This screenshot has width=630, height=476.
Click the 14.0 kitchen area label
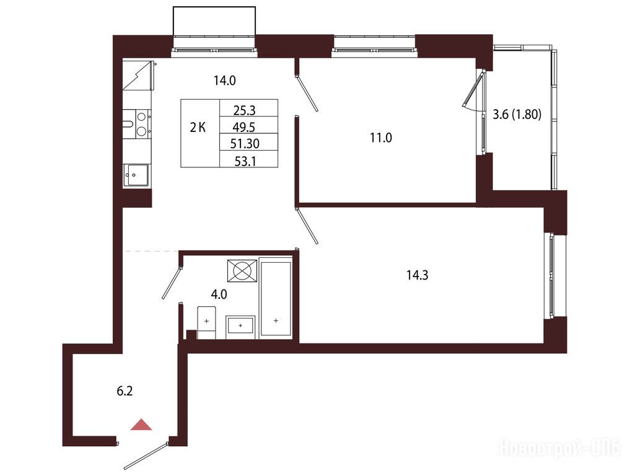point(225,81)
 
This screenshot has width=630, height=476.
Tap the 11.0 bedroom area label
point(381,138)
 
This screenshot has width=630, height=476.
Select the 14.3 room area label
point(418,275)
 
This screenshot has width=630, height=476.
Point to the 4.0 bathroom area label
point(219,294)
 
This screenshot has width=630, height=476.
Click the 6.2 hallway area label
point(125,390)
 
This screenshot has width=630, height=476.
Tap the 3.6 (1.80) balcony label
point(517,115)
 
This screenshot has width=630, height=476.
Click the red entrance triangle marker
point(141,425)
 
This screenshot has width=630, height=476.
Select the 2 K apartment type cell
point(198,128)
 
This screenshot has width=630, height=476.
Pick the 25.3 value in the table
point(244,110)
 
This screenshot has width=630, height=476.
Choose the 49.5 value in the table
point(244,127)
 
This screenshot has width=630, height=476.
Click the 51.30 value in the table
point(245,144)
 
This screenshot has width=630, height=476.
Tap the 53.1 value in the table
point(245,161)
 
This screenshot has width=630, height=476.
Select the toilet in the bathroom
point(206,322)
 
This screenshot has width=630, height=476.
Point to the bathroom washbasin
point(240,325)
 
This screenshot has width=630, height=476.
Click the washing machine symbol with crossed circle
point(242,271)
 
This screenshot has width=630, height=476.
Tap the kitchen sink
point(136,175)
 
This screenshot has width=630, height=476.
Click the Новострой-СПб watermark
point(559,447)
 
